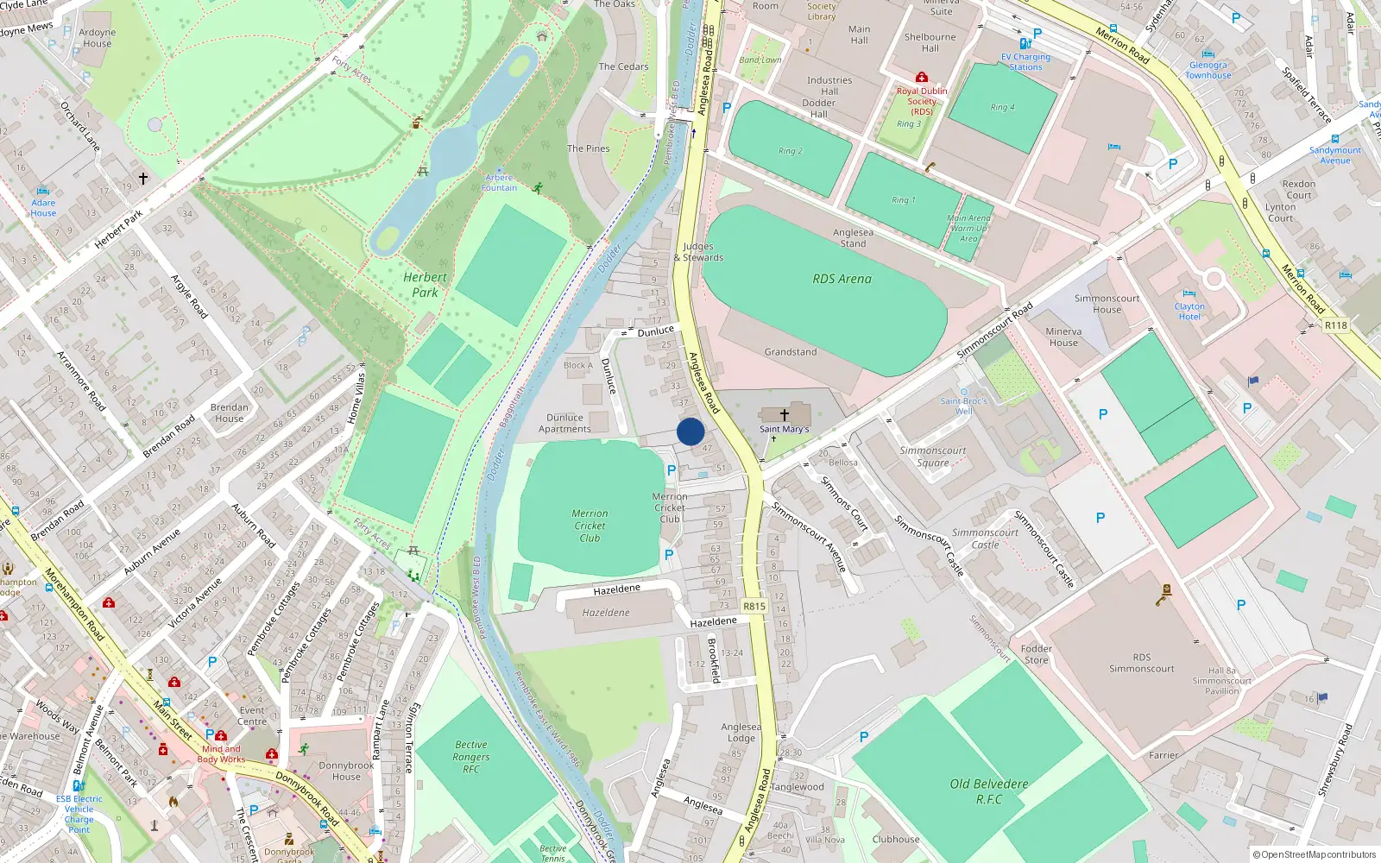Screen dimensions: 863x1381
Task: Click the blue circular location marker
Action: (690, 431)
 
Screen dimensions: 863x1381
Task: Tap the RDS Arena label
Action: (842, 279)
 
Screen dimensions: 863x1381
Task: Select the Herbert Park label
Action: (425, 285)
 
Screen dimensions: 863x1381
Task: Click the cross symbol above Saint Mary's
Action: (785, 415)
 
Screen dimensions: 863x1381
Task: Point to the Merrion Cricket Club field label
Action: (590, 526)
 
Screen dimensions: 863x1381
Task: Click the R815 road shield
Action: (754, 606)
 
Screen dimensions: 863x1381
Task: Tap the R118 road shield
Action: (1335, 325)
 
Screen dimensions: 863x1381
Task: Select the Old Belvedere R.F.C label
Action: (989, 791)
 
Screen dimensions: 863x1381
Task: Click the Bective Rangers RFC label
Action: (471, 757)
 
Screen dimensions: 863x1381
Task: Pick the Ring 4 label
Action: (1002, 107)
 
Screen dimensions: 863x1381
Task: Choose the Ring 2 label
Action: (790, 151)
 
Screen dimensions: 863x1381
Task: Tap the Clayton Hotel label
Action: (1189, 312)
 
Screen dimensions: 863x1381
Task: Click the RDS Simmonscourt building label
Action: (1141, 663)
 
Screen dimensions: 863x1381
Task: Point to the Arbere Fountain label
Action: (499, 183)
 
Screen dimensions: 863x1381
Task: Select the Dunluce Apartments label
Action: (564, 423)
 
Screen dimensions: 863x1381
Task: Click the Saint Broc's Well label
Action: (963, 406)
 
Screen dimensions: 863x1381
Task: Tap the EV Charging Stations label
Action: (1025, 62)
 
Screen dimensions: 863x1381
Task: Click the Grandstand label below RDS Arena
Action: (790, 352)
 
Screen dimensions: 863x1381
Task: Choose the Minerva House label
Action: (1063, 337)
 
